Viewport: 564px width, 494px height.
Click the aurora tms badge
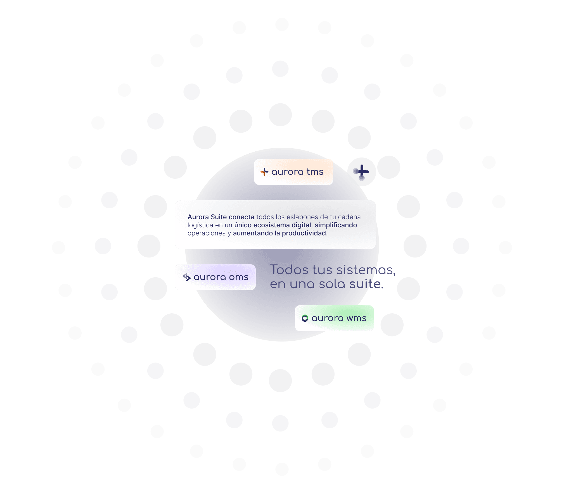pos(293,172)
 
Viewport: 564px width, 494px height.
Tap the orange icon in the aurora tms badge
pos(264,172)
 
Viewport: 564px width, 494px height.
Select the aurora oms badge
pos(215,277)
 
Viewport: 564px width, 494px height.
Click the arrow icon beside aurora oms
pos(186,277)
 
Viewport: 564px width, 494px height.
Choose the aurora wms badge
pos(334,318)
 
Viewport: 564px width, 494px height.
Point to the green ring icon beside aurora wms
pos(305,318)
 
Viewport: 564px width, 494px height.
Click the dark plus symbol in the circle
pos(362,171)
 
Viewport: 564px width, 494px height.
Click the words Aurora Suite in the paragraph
pos(207,217)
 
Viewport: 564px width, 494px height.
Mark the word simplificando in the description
pos(336,225)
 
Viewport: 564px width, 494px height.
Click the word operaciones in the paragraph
pos(206,233)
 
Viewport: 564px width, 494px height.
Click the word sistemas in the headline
pos(366,270)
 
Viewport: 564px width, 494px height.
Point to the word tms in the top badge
pos(315,172)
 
